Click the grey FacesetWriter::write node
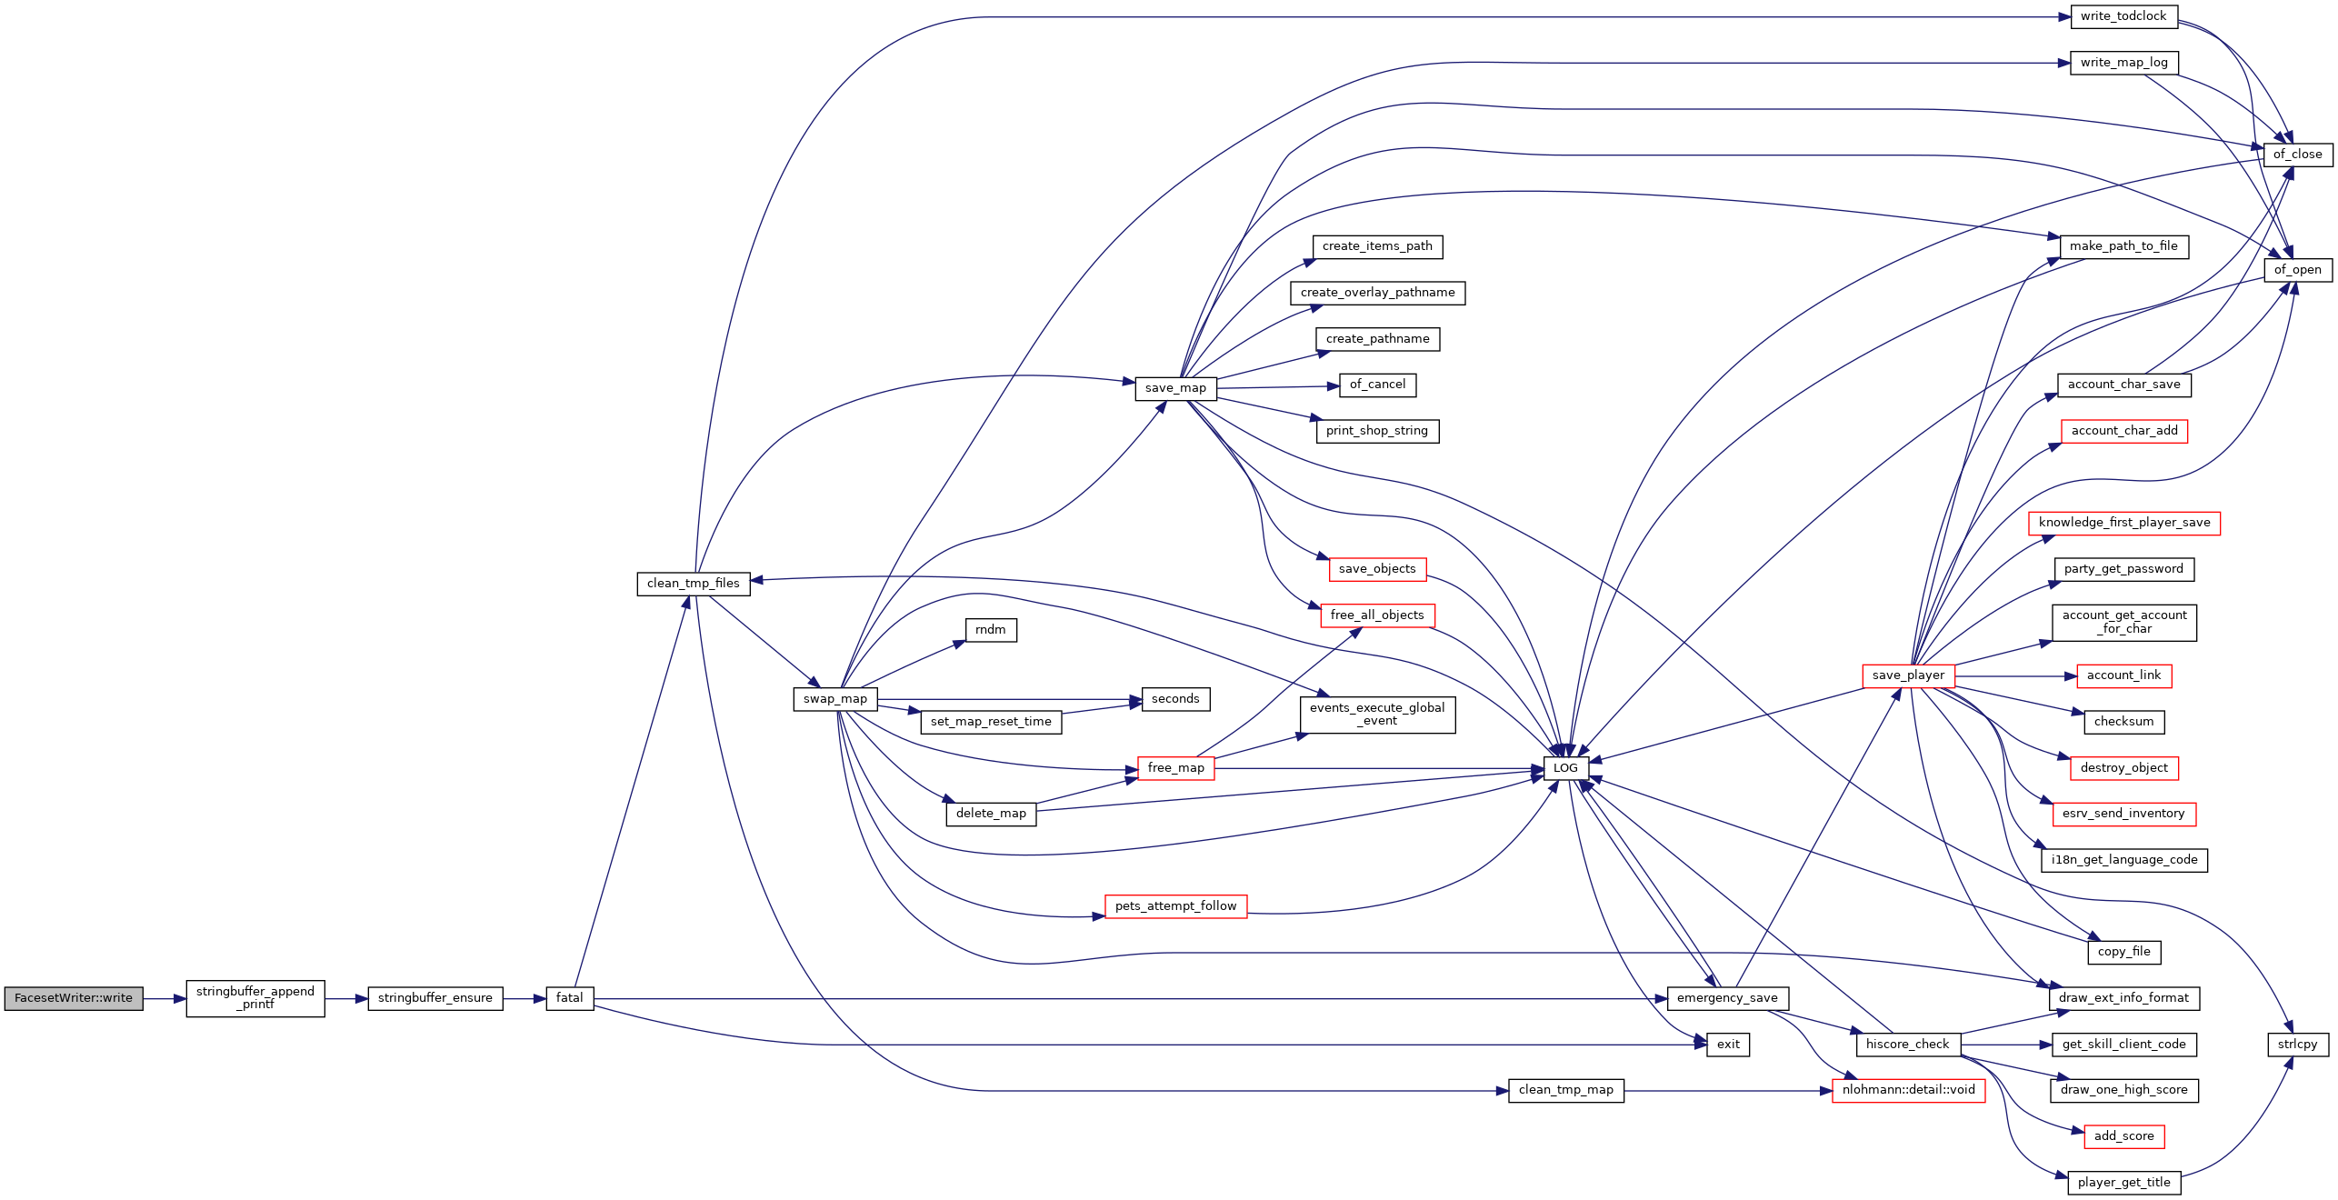coord(74,998)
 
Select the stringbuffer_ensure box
coord(435,998)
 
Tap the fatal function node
coord(569,998)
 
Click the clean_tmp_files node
coord(693,584)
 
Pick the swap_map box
coord(834,699)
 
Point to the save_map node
coord(1175,388)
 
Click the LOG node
coord(1565,768)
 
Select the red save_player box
coord(1908,675)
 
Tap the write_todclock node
coord(2123,16)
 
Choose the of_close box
coord(2297,155)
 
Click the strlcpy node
coord(2297,1045)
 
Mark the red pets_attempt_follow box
coord(1175,906)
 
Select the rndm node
coord(990,630)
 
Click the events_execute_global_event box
coord(1377,715)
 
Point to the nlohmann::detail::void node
coord(1908,1090)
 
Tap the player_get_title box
coord(2123,1183)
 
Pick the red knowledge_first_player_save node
coord(2123,523)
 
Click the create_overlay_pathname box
coord(1377,293)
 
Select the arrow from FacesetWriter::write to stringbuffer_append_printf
coord(165,998)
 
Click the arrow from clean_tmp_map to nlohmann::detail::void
coord(1727,1090)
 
